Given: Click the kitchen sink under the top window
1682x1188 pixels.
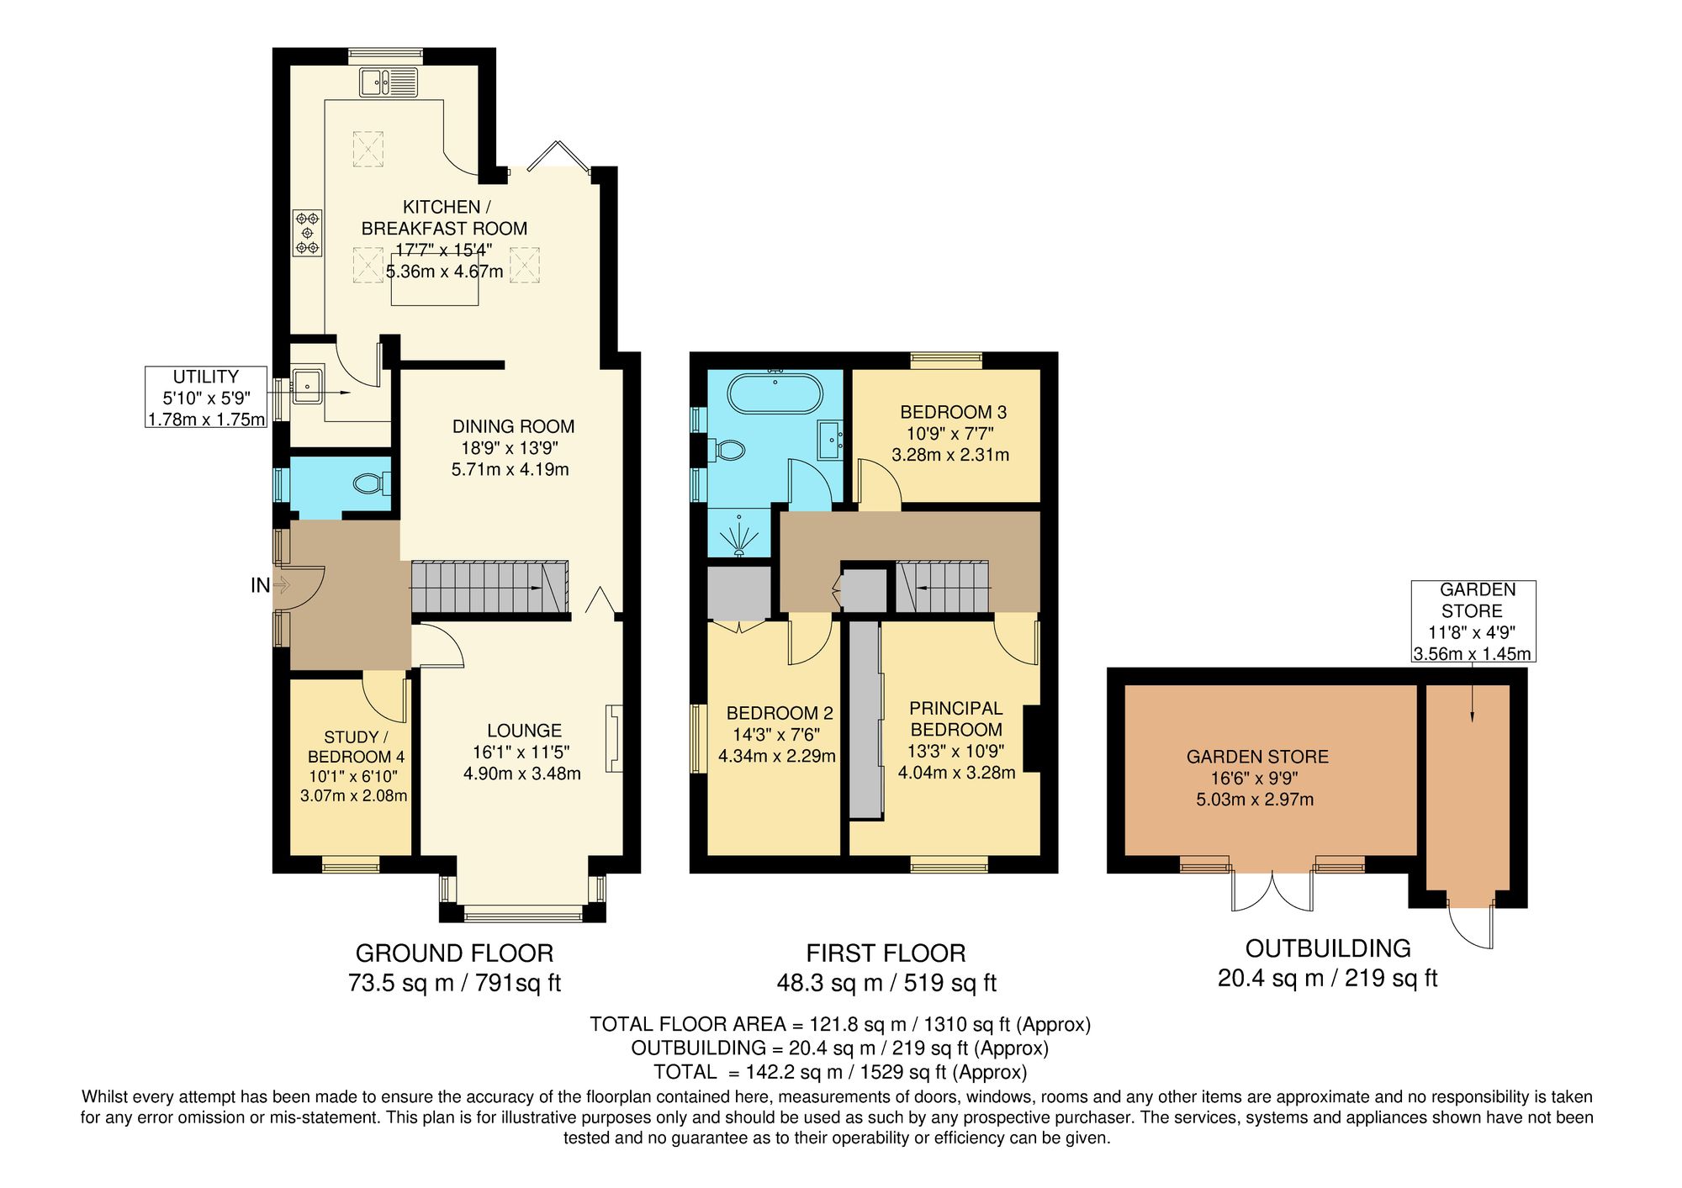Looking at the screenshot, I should (388, 82).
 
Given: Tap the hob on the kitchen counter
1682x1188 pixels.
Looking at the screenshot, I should (307, 233).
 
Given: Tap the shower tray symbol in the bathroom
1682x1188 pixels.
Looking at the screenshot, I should (739, 536).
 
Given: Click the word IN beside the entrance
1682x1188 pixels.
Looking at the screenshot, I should (260, 585).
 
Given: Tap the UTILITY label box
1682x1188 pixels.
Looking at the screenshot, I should (206, 398).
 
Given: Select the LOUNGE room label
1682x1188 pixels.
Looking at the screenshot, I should (523, 731).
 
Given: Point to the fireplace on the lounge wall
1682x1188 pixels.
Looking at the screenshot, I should (614, 737).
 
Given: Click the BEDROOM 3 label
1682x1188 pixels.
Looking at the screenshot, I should (953, 412).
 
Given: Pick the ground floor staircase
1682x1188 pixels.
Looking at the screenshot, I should (489, 587).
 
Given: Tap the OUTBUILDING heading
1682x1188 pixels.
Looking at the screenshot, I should (1327, 948).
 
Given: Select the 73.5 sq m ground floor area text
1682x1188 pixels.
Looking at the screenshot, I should (454, 982).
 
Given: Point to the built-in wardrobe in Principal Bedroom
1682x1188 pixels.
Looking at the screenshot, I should (865, 720).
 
